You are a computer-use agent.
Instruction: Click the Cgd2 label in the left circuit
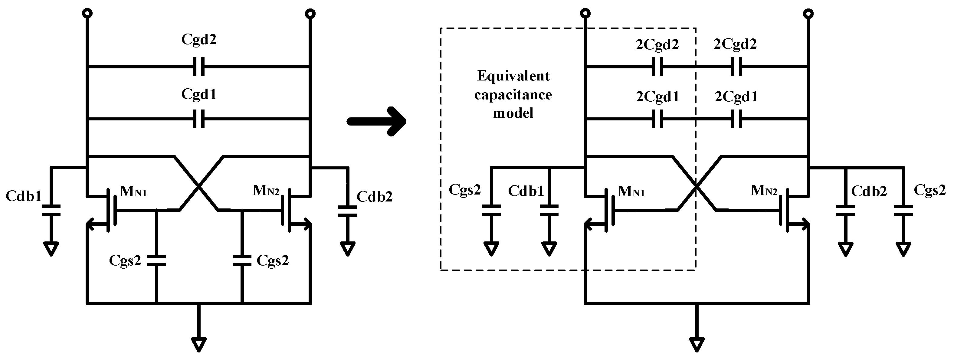point(198,39)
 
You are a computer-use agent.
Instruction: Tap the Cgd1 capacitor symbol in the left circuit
point(199,119)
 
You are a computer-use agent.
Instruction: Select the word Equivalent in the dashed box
point(513,76)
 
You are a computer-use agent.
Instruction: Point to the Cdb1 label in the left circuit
point(24,196)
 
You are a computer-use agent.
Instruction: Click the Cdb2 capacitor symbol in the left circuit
point(347,211)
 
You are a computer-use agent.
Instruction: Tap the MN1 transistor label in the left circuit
point(133,191)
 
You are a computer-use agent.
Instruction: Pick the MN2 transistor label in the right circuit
point(764,191)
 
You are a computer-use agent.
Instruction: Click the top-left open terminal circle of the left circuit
point(87,14)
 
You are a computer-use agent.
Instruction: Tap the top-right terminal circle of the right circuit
point(808,14)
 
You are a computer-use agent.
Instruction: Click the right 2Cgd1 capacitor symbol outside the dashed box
point(736,119)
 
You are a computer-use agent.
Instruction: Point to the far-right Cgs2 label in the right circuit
point(929,190)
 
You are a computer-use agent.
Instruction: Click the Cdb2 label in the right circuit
point(869,191)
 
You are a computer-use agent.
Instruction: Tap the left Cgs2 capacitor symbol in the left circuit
point(156,260)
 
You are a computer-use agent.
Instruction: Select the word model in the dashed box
point(513,113)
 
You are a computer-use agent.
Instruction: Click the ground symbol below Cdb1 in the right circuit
point(549,249)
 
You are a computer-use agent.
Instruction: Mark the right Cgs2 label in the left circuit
point(273,261)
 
